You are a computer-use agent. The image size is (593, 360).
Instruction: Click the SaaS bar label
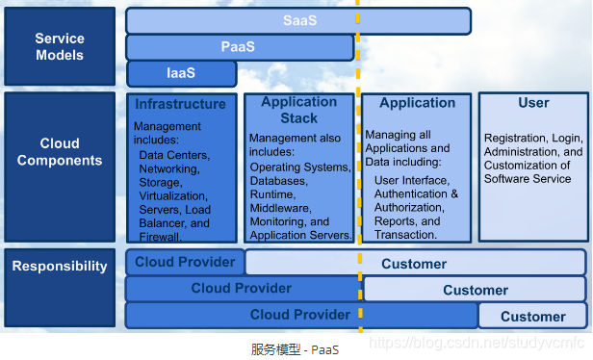(300, 20)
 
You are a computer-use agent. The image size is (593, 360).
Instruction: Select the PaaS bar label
(238, 47)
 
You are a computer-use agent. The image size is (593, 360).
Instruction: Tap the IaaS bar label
(181, 73)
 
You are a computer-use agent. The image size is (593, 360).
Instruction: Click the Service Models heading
(60, 47)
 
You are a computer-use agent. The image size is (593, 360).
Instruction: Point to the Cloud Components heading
(60, 152)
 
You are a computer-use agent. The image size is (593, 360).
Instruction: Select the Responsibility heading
(60, 267)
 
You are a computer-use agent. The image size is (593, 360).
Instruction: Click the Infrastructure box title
(180, 104)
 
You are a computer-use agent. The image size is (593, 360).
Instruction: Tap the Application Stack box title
(299, 110)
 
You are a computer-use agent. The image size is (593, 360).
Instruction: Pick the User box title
(533, 103)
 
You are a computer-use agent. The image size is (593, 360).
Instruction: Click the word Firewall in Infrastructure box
(160, 237)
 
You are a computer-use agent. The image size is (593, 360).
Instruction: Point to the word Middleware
(281, 208)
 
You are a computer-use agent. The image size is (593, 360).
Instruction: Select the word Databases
(279, 181)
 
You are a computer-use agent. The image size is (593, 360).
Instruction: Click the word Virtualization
(173, 196)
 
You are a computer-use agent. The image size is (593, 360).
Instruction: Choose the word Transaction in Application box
(405, 235)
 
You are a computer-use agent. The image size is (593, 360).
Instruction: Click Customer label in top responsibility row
(414, 264)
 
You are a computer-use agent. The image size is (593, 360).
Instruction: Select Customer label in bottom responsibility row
(533, 317)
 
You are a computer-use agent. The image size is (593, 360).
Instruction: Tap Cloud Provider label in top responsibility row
(185, 262)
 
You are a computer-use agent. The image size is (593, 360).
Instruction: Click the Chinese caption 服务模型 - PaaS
(295, 349)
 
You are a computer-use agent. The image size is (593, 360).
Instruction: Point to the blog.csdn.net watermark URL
(477, 343)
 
